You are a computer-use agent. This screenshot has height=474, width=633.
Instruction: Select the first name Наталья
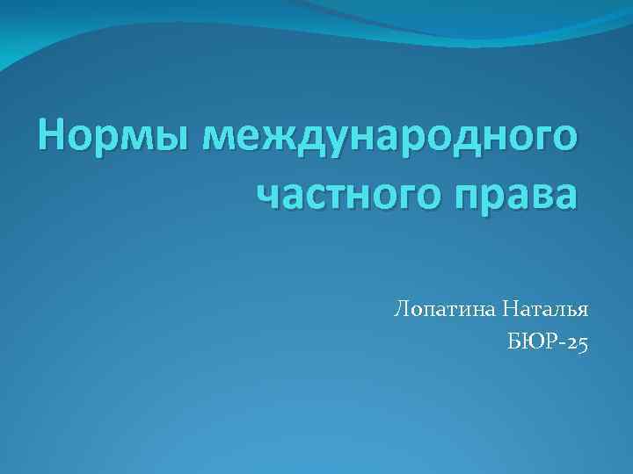(x=547, y=310)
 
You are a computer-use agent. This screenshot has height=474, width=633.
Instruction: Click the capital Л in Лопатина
(x=403, y=310)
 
